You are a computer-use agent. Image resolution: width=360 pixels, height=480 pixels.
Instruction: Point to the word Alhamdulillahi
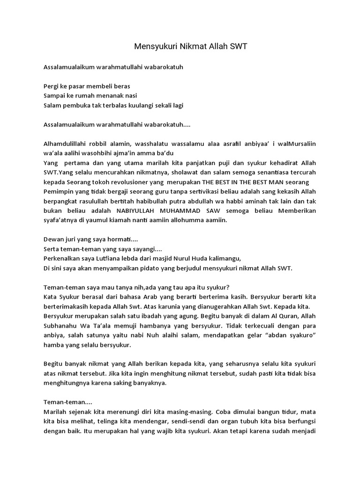pos(64,144)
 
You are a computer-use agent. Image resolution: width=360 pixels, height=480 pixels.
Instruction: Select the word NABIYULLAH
pos(134,210)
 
